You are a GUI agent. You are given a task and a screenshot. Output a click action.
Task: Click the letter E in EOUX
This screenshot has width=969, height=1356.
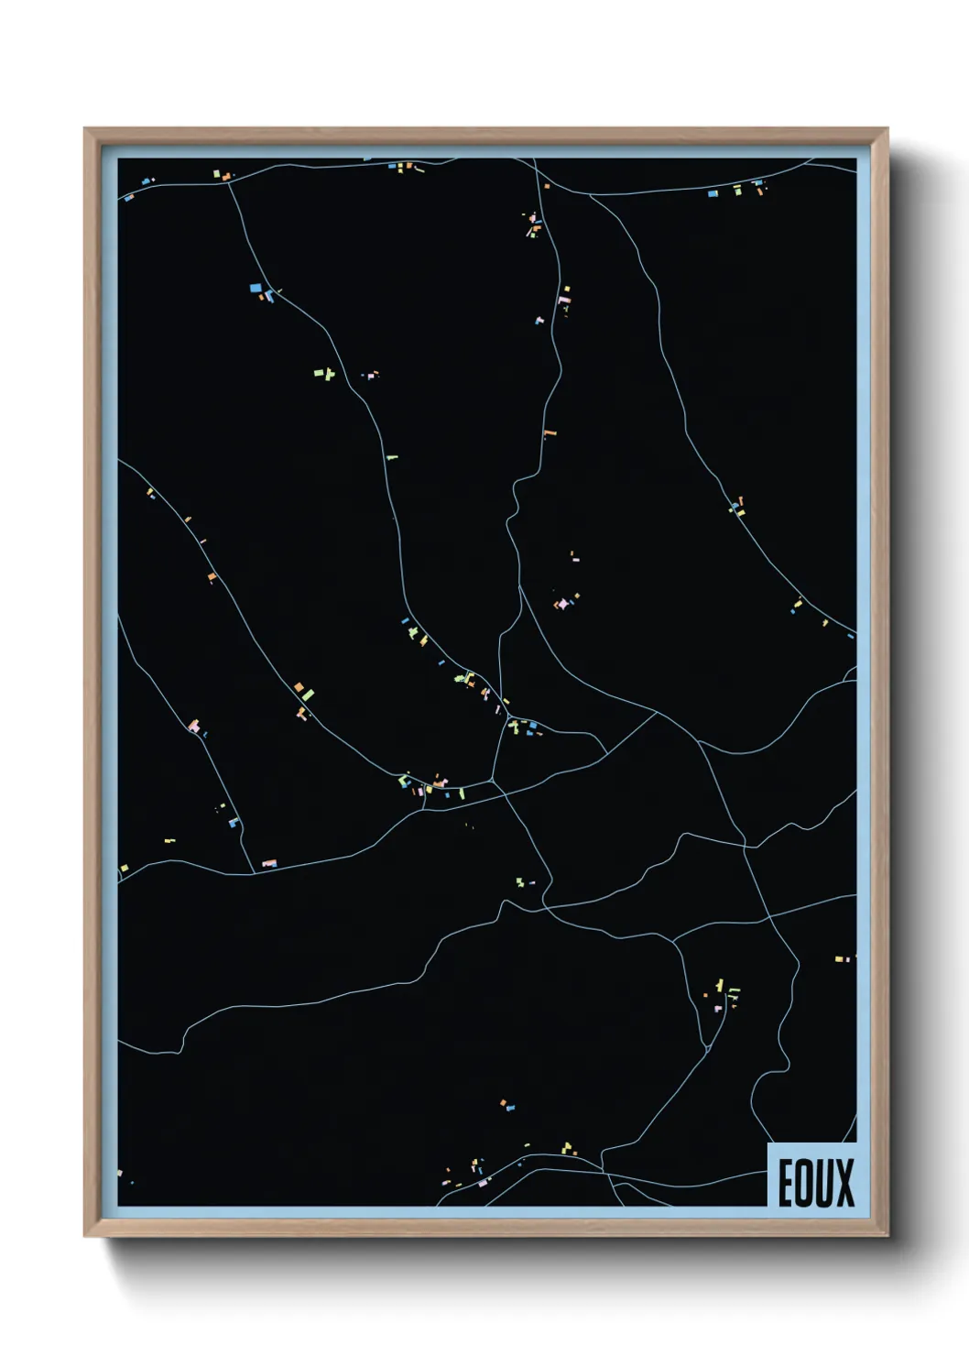click(786, 1183)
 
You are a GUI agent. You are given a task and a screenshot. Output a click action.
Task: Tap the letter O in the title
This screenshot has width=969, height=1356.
click(803, 1183)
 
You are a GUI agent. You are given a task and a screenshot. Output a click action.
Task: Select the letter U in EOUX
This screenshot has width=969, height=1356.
click(823, 1183)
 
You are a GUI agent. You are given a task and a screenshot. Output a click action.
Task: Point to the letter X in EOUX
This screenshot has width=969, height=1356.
click(844, 1183)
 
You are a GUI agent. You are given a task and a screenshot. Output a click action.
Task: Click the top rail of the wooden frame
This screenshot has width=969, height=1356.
click(485, 136)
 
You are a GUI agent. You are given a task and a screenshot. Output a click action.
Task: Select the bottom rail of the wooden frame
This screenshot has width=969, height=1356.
click(485, 1230)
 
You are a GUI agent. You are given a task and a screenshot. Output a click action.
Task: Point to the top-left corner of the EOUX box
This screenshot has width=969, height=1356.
click(768, 1144)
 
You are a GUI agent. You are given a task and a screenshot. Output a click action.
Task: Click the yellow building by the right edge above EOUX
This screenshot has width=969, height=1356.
click(838, 959)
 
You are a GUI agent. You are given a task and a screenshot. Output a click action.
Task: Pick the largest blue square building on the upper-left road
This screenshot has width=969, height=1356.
click(255, 288)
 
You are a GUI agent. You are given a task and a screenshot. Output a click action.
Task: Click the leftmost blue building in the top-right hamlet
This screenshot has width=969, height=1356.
click(713, 193)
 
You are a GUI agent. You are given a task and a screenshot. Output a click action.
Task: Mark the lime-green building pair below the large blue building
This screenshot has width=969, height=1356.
click(321, 373)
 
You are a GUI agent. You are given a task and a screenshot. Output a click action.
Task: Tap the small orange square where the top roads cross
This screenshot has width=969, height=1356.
click(547, 186)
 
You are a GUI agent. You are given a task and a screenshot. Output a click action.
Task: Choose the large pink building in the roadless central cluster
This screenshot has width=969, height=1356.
click(561, 605)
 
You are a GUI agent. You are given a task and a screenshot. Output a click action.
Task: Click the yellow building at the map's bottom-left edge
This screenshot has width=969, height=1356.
click(124, 868)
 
